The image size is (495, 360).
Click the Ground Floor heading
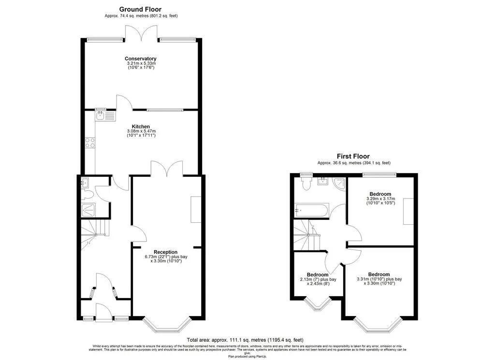pyautogui.click(x=140, y=9)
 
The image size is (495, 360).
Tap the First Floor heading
pyautogui.click(x=353, y=156)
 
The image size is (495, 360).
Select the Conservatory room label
pyautogui.click(x=141, y=59)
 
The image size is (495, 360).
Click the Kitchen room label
pyautogui.click(x=141, y=127)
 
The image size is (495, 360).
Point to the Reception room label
pyautogui.click(x=165, y=252)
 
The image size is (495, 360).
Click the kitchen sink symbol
pyautogui.click(x=105, y=116)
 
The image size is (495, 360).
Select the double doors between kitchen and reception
pyautogui.click(x=166, y=169)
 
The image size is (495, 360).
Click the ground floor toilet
pyautogui.click(x=87, y=195)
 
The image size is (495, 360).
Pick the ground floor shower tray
pyautogui.click(x=89, y=209)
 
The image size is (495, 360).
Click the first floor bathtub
pyautogui.click(x=312, y=210)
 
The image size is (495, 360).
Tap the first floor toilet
pyautogui.click(x=305, y=183)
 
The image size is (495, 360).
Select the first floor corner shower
pyautogui.click(x=339, y=183)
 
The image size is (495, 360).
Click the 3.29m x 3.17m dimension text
pyautogui.click(x=380, y=199)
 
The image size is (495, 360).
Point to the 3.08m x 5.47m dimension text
pyautogui.click(x=141, y=131)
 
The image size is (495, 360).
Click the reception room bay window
pyautogui.click(x=166, y=325)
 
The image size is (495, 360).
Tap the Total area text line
pyautogui.click(x=245, y=340)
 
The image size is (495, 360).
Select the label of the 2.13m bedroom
pyautogui.click(x=318, y=275)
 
